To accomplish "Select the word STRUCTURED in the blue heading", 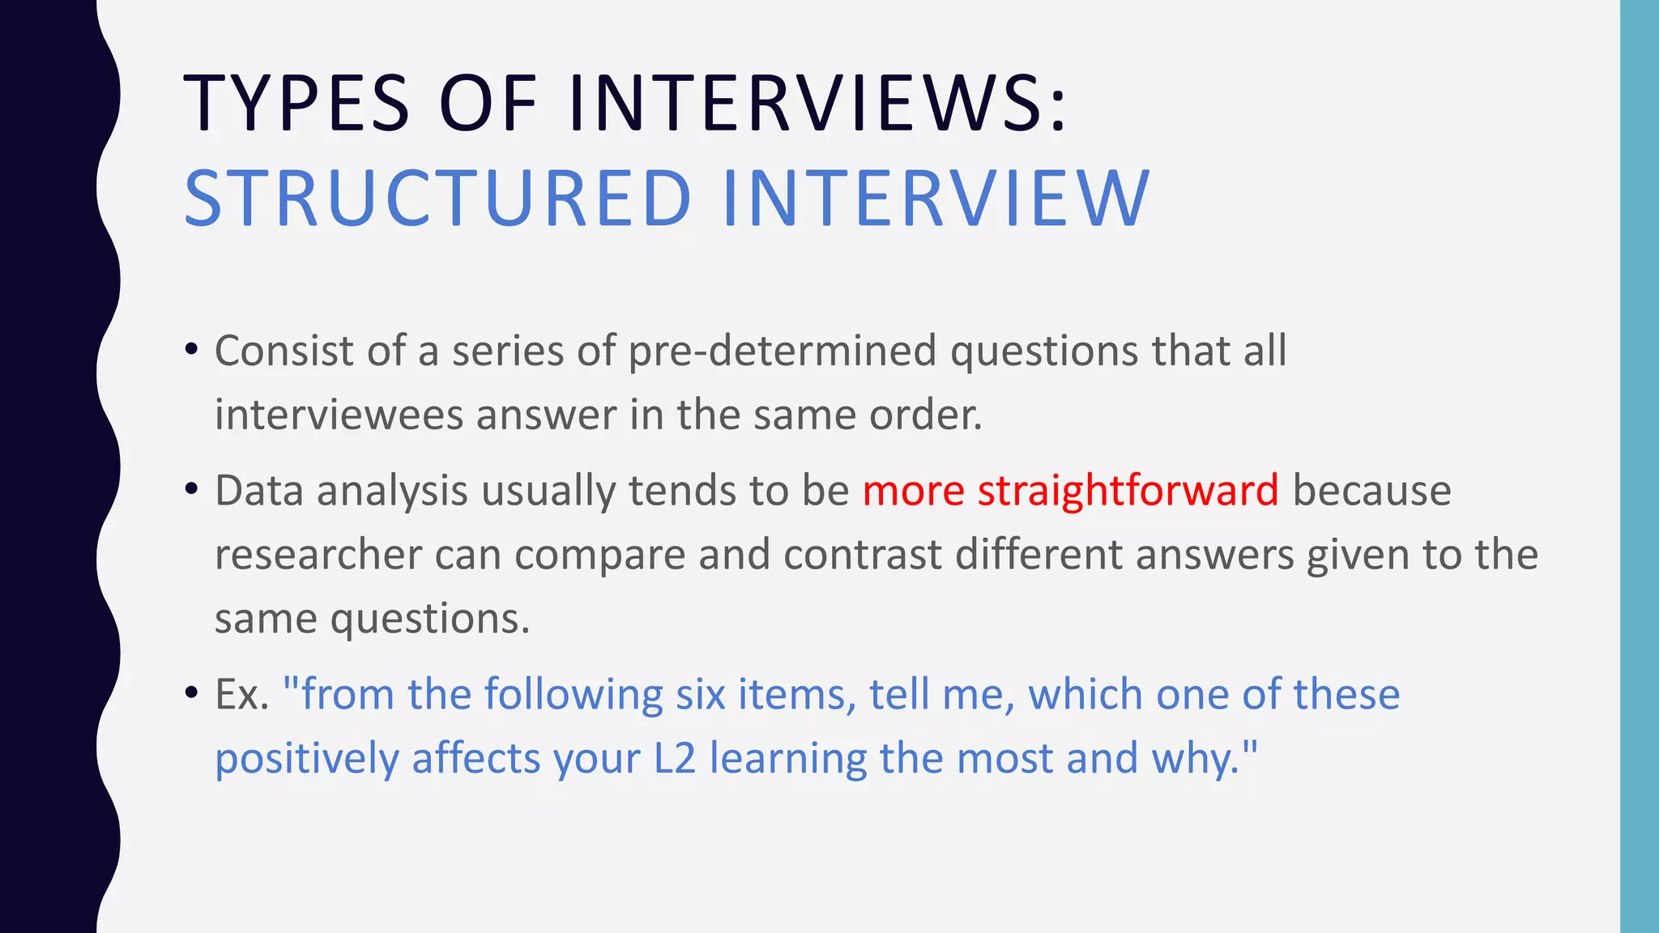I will click(x=437, y=198).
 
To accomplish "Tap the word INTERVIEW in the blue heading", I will click(x=936, y=198).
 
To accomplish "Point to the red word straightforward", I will click(x=1128, y=491).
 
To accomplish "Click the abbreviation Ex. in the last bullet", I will click(x=241, y=695).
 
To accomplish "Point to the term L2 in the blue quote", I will click(x=674, y=759).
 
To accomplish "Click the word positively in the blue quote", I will click(x=307, y=760).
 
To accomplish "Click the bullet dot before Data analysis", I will click(x=191, y=490).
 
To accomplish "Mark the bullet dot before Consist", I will click(x=191, y=350).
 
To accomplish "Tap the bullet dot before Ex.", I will click(x=191, y=693).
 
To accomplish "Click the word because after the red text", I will click(x=1371, y=491).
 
